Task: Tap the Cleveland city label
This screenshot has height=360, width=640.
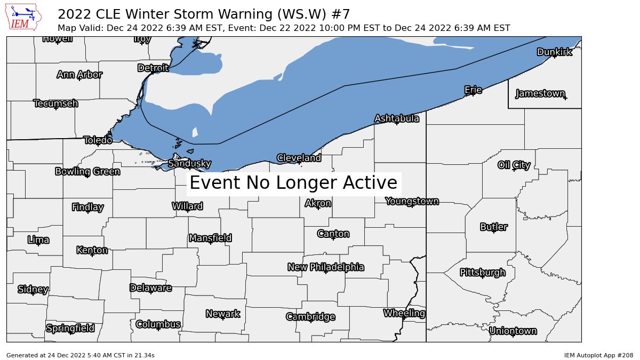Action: [299, 158]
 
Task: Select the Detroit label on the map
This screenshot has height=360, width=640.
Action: [153, 68]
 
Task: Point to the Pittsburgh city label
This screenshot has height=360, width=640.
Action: [482, 273]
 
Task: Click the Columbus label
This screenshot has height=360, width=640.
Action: [158, 324]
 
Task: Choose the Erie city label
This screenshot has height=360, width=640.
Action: [473, 90]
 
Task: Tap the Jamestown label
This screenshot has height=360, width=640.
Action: [540, 94]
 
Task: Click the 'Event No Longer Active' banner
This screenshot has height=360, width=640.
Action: [293, 183]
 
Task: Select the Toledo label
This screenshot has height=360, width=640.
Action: [98, 140]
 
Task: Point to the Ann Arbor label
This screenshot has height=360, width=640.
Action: [79, 75]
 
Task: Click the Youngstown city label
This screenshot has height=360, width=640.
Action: [412, 201]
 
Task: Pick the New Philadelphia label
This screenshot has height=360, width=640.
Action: [325, 267]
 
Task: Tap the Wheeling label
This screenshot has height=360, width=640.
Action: [404, 313]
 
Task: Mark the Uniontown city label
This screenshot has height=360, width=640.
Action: [513, 331]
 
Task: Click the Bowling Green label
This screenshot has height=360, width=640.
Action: [87, 171]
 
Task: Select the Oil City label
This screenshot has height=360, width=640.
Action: [514, 165]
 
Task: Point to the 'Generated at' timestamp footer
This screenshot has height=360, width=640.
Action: [81, 355]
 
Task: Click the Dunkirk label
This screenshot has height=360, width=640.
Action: [554, 52]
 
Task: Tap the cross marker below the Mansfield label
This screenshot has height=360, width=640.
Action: [211, 243]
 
